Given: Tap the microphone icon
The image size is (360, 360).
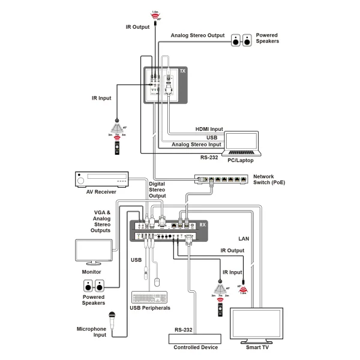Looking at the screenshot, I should click(112, 317).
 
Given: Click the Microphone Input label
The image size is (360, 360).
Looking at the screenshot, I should click(91, 332).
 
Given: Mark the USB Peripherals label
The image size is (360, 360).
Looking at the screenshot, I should click(150, 308).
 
